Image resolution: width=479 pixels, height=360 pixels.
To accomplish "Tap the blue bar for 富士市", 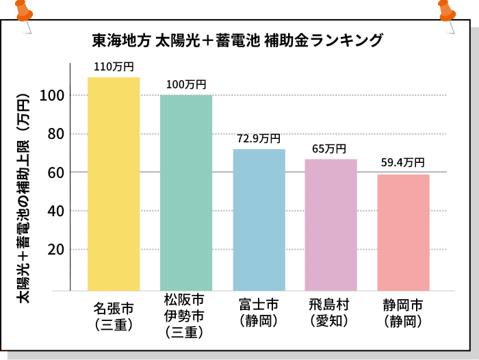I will coord(259,219).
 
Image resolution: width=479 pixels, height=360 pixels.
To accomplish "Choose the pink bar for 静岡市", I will coord(404,232).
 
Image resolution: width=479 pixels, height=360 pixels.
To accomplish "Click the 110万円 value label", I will coord(114,67).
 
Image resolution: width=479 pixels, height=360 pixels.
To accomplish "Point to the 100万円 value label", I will coord(186,85).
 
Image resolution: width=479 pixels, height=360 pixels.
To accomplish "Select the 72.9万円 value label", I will coord(259,138).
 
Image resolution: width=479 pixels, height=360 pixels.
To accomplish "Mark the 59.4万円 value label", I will coord(403,163).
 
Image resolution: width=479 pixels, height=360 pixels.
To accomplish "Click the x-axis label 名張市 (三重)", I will coord(114,311).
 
